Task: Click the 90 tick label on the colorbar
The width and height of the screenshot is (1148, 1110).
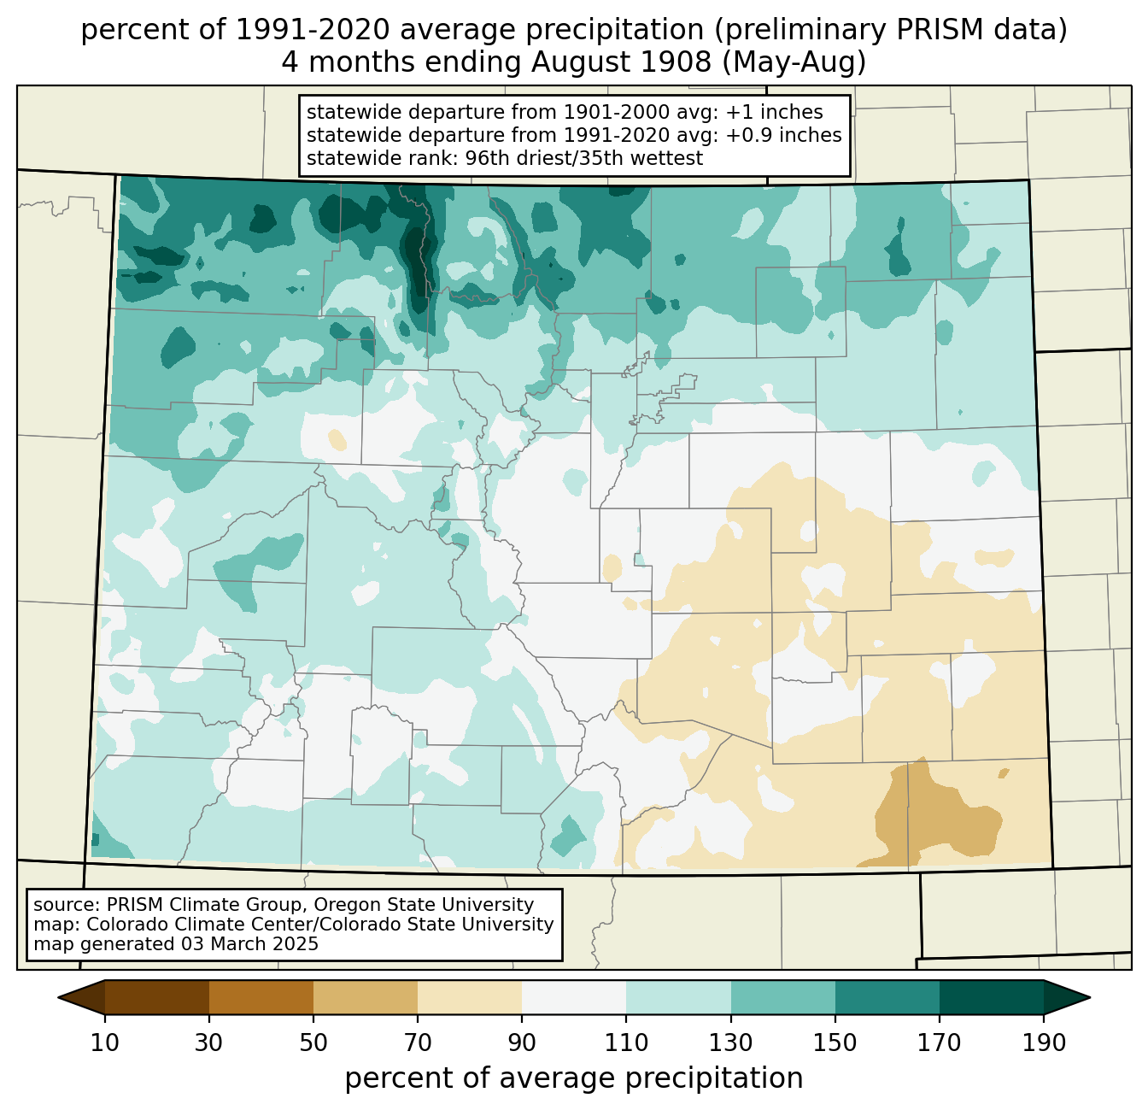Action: (522, 1043)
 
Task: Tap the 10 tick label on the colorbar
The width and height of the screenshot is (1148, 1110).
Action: (105, 1043)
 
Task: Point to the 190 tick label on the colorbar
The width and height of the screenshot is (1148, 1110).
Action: (1043, 1043)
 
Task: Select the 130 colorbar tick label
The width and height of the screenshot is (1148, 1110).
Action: (731, 1043)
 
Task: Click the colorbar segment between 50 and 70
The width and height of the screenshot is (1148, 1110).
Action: (366, 997)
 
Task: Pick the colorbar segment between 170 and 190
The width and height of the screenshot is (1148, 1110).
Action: (991, 997)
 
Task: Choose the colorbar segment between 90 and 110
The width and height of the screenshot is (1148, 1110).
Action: (574, 997)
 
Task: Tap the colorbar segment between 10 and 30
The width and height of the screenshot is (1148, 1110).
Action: (157, 997)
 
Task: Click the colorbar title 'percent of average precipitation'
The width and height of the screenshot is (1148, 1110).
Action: (574, 1078)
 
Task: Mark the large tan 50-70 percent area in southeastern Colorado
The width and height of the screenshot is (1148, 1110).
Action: (940, 820)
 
